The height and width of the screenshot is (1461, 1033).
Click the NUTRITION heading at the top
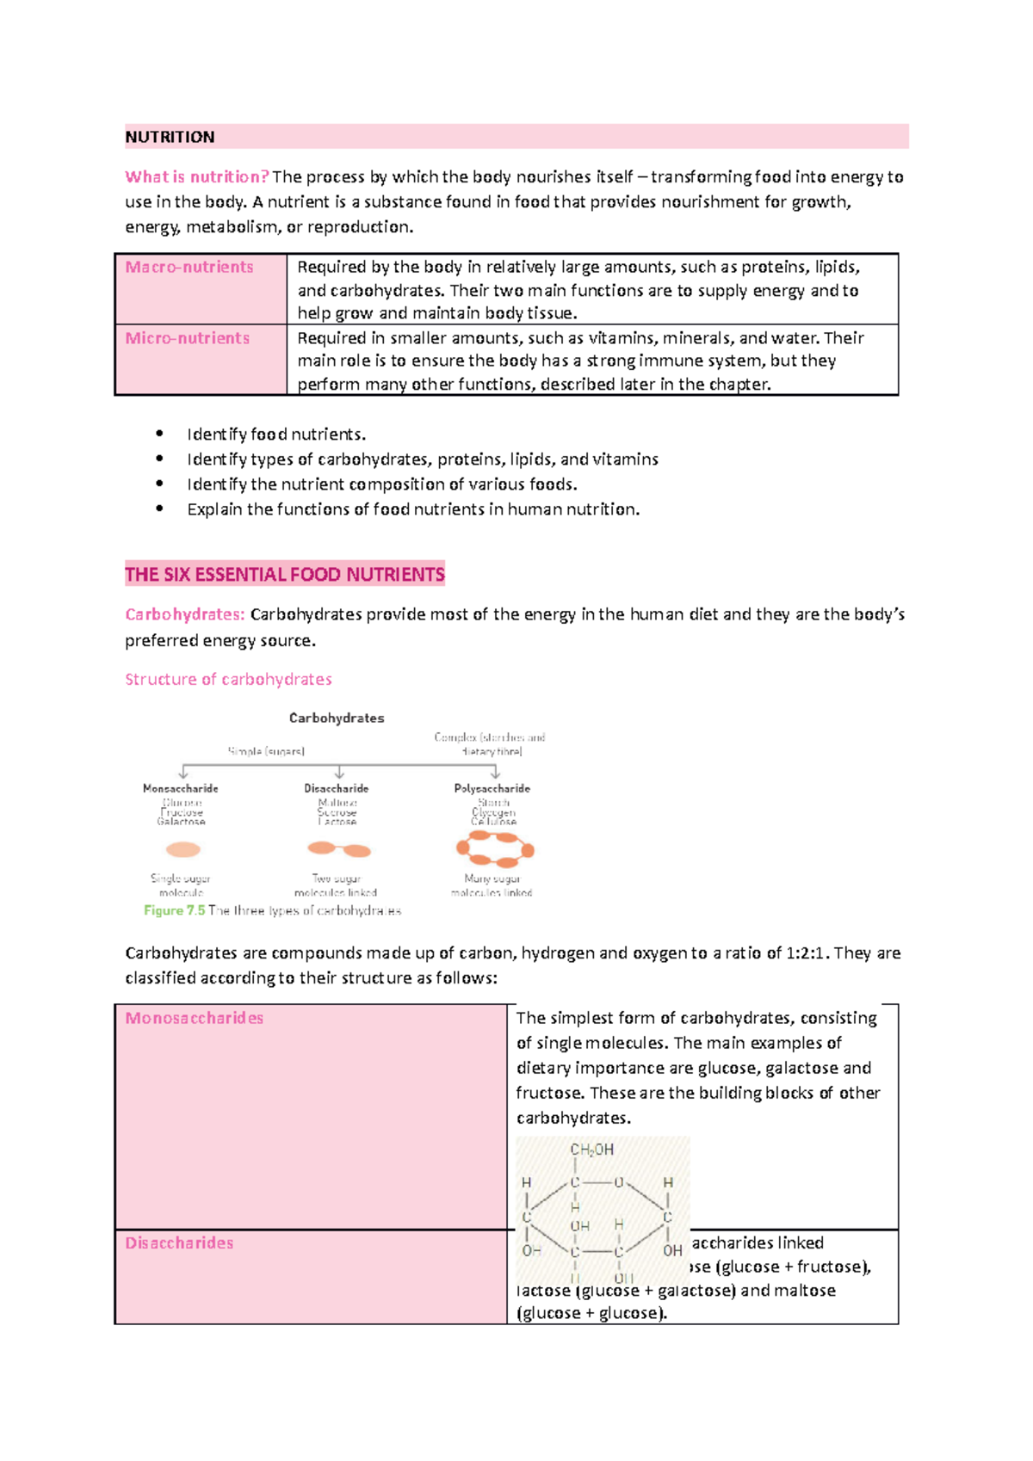[170, 137]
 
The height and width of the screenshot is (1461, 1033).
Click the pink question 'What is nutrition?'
[196, 177]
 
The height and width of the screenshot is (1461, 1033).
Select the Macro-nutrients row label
[189, 268]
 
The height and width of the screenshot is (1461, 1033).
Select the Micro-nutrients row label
[188, 338]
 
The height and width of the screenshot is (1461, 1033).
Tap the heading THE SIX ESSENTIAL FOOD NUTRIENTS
[285, 575]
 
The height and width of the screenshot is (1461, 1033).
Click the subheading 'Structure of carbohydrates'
[228, 680]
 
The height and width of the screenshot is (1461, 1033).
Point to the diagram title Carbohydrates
[337, 718]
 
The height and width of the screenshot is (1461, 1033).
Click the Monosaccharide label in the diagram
[181, 788]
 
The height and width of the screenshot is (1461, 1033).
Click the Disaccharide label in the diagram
[336, 788]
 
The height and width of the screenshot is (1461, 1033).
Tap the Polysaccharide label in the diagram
[492, 788]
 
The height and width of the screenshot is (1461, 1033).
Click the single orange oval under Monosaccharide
[182, 850]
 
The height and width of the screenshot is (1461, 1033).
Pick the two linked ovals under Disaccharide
[339, 850]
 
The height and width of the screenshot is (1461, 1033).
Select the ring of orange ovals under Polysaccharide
[495, 850]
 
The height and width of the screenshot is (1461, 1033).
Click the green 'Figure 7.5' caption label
[174, 910]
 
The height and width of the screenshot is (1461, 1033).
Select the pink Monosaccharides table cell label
[195, 1018]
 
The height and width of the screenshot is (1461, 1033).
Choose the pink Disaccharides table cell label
[179, 1243]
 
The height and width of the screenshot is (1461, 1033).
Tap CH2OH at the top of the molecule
[592, 1150]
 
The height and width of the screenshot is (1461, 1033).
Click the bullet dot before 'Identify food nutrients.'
[159, 435]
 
